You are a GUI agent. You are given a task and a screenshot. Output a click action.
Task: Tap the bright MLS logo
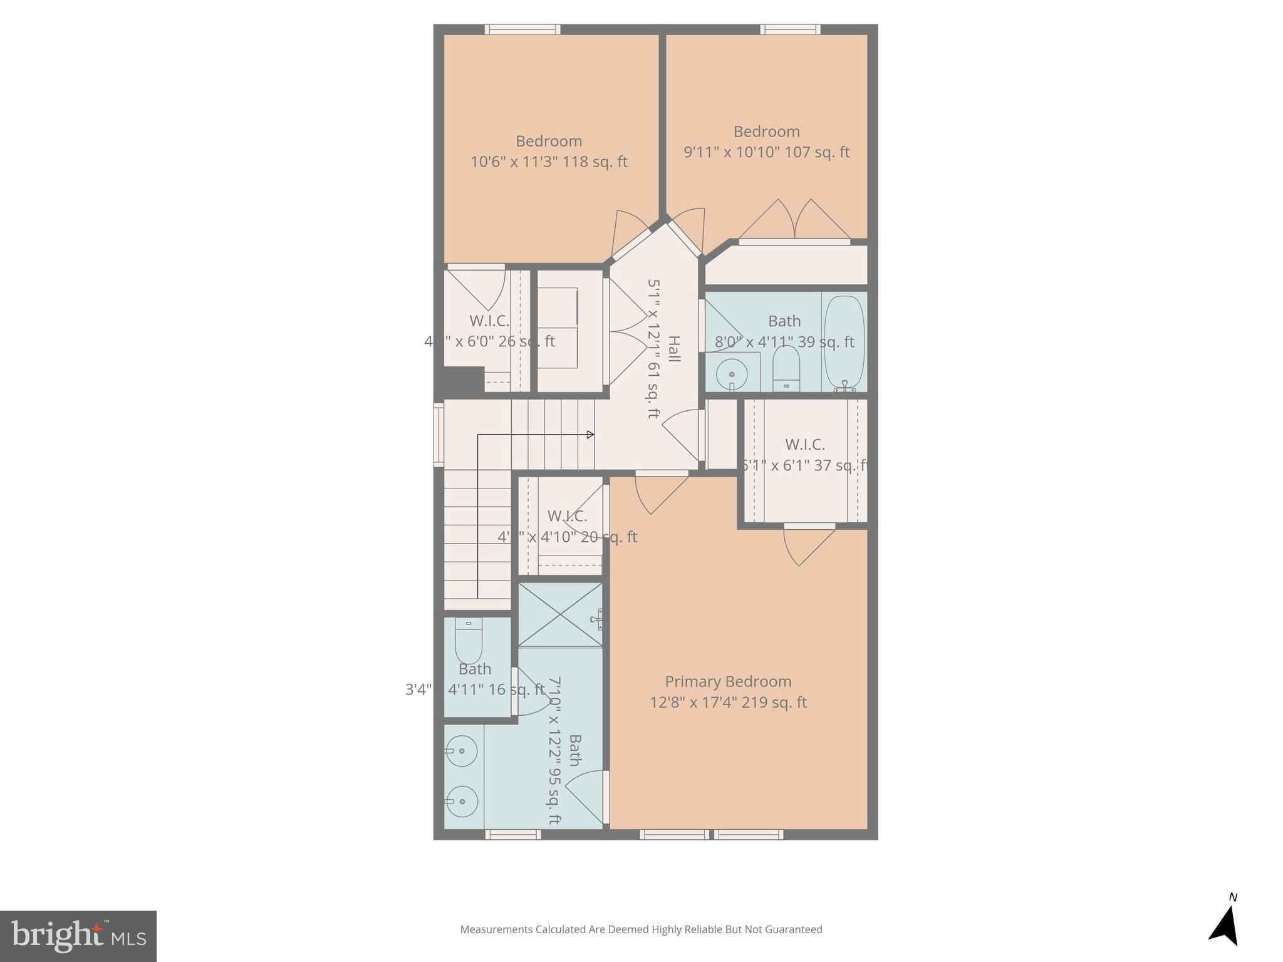click(78, 936)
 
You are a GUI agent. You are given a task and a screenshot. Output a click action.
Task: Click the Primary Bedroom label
click(728, 681)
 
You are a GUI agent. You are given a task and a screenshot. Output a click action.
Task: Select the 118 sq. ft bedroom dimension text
click(549, 162)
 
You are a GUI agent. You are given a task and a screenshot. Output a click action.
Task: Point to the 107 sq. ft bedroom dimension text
click(766, 152)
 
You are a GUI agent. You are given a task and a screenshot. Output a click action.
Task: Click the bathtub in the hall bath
click(844, 343)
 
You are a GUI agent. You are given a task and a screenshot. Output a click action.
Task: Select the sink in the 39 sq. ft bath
click(732, 373)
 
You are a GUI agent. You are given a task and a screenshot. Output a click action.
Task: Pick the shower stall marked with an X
click(560, 615)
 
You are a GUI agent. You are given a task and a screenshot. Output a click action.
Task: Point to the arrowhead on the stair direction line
click(590, 435)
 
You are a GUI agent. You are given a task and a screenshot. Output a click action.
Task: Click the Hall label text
click(673, 349)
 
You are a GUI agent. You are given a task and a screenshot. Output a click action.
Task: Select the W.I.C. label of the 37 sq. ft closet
click(804, 445)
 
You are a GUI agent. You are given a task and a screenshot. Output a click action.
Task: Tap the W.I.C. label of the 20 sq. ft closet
click(567, 516)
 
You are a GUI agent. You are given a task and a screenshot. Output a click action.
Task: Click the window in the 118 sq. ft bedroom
click(522, 29)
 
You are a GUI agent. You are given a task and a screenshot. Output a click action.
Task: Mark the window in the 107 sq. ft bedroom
click(790, 29)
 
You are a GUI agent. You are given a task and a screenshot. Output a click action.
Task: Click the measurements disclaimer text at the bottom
click(641, 929)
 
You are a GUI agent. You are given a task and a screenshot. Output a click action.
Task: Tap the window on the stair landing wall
click(439, 435)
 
